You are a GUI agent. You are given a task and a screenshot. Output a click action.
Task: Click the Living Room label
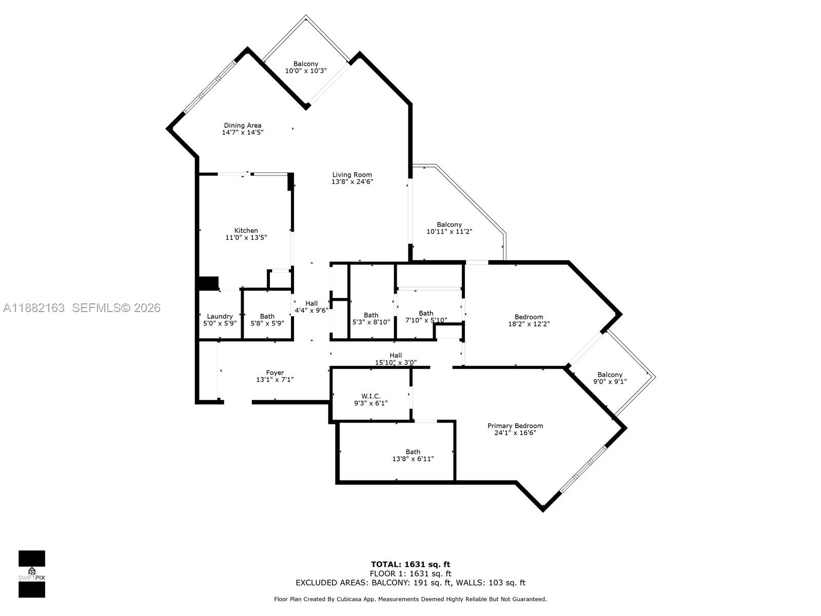tap(351, 175)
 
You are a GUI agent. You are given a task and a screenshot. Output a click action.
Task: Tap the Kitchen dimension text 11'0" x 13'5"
tap(246, 238)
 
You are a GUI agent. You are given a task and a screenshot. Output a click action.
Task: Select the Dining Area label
tap(242, 125)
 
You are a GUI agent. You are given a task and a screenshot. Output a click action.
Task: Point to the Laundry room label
tap(220, 316)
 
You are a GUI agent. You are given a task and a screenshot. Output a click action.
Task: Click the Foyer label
tap(275, 373)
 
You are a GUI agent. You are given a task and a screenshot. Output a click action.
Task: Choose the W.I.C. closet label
tap(370, 396)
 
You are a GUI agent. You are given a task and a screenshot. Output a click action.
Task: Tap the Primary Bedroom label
tap(515, 426)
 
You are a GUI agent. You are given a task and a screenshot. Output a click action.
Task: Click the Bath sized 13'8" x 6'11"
tap(413, 455)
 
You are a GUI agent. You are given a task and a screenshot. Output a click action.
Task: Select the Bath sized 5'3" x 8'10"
tap(370, 319)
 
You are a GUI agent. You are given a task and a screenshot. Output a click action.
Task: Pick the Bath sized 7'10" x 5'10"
tap(425, 317)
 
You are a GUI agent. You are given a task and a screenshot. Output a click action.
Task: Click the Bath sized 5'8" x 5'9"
tap(267, 320)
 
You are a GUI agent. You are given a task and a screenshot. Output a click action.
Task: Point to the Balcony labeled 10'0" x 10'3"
tap(306, 67)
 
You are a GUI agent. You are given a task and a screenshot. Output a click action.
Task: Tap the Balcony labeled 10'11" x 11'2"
tap(449, 228)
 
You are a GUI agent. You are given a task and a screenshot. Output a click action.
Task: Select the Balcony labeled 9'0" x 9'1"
tap(610, 378)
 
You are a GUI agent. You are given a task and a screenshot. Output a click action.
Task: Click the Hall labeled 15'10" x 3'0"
tap(395, 359)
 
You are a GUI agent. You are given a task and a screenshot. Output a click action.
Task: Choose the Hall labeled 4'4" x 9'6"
tap(311, 306)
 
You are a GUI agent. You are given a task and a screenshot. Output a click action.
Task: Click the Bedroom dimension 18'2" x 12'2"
tap(529, 324)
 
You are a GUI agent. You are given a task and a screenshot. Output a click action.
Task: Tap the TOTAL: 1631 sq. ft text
tap(410, 565)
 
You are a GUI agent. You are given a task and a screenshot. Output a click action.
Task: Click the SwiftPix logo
tap(32, 574)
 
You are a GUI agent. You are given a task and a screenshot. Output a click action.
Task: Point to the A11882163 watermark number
tap(34, 307)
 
